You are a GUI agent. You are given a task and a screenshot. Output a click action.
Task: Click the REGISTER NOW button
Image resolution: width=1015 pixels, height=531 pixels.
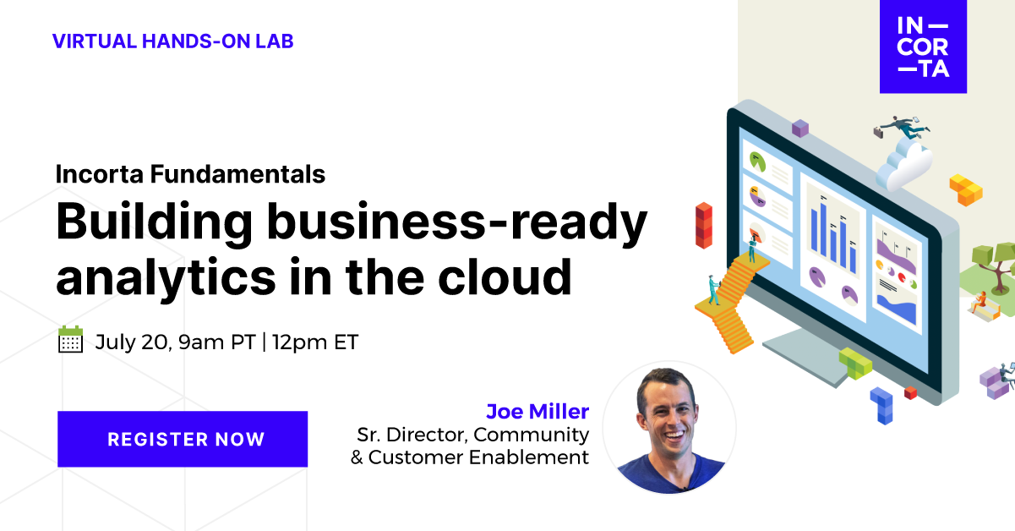pos(183,439)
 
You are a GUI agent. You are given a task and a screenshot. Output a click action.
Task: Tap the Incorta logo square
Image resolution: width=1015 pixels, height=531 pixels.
pos(923,47)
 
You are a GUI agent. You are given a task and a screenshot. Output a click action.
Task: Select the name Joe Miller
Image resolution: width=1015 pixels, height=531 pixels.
pos(537,412)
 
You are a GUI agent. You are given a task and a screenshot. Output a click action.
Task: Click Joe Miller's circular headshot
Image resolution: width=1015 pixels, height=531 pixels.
pos(668,427)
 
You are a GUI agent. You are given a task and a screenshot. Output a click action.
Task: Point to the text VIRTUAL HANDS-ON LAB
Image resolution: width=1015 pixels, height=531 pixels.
pos(172,41)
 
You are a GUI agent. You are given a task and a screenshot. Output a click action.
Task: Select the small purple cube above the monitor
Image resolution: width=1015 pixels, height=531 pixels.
pos(799,128)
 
